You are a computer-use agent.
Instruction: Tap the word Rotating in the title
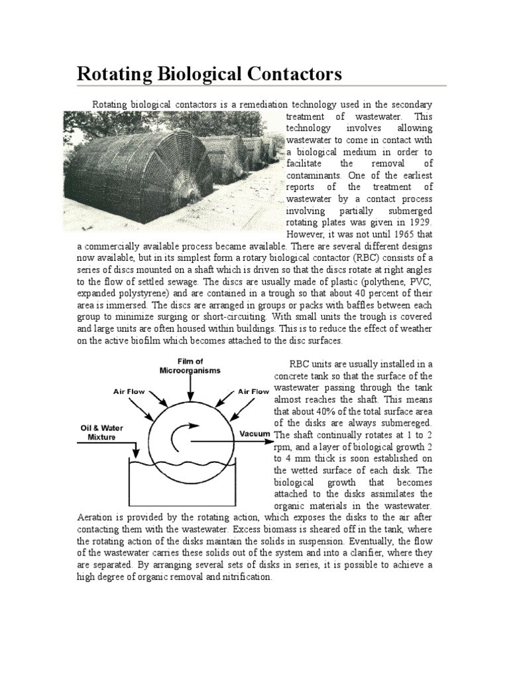click(111, 73)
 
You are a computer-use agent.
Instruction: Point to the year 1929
click(416, 222)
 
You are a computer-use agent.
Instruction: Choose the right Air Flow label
click(253, 391)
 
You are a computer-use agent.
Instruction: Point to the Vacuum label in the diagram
click(254, 434)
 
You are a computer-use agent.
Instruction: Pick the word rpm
click(283, 446)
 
